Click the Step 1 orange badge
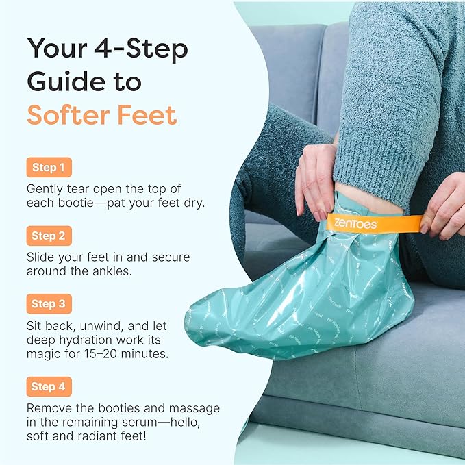pos(49,168)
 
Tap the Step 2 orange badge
pos(49,236)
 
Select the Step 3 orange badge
pos(49,304)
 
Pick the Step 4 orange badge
pos(49,387)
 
